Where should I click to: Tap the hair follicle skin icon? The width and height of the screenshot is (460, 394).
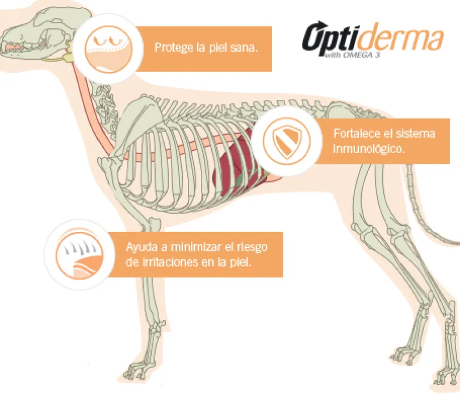click(x=80, y=254)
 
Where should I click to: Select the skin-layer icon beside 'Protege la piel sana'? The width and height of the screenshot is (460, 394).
click(x=108, y=49)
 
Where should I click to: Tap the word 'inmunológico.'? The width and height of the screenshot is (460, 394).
click(x=369, y=149)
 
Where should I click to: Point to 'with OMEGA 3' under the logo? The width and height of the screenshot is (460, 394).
click(x=352, y=55)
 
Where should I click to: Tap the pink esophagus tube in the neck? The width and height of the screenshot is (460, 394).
click(x=94, y=109)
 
